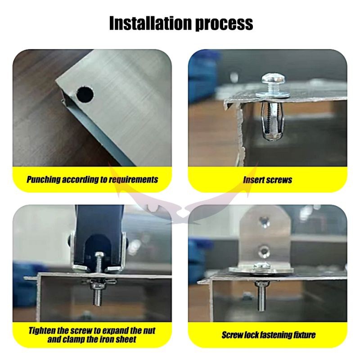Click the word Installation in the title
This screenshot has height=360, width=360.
(150, 23)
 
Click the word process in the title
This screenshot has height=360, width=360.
(224, 24)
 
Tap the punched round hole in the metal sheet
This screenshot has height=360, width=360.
(85, 94)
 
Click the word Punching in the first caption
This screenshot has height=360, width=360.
(44, 180)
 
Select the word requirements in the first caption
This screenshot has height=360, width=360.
(134, 180)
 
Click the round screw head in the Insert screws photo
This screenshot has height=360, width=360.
(273, 79)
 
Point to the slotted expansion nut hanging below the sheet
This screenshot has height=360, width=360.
(273, 121)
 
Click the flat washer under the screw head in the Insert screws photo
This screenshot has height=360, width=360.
(273, 95)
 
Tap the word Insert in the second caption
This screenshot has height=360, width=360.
(254, 180)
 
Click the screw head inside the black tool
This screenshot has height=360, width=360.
(99, 254)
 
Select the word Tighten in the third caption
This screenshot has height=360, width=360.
(42, 331)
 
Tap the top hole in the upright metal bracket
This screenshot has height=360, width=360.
(264, 220)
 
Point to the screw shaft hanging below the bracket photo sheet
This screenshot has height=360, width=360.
(261, 296)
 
